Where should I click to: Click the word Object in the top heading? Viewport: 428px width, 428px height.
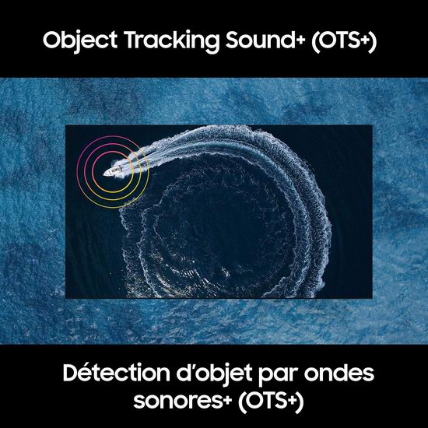point(80,40)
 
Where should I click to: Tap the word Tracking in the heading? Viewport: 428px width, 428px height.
point(171,41)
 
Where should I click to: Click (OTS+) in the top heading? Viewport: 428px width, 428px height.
point(344,41)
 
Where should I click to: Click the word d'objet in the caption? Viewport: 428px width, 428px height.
point(214,374)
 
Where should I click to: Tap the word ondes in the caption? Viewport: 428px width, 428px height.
point(339,373)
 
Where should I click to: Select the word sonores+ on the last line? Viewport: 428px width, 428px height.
point(183,401)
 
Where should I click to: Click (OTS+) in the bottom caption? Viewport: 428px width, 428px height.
point(271,402)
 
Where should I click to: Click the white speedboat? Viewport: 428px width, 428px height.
point(114,171)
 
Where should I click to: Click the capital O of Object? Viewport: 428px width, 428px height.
point(52,40)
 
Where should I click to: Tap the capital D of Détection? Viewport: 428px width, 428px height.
point(72,373)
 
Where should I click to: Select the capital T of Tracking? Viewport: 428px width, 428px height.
point(132,40)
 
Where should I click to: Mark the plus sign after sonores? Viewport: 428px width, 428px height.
point(227,400)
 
